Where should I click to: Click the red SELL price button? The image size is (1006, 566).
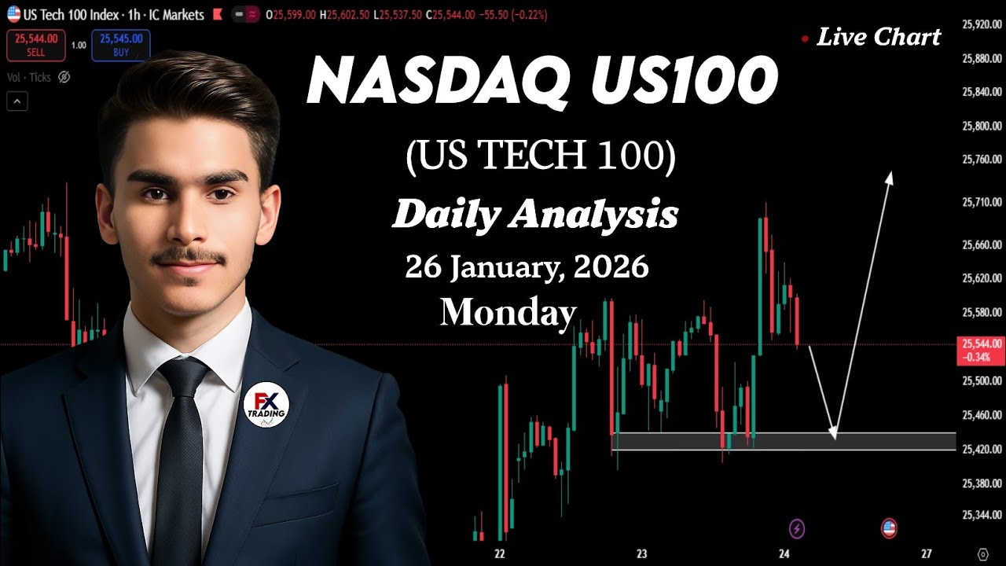35,44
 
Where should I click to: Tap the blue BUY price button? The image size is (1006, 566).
120,44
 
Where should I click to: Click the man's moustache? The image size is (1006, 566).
189,257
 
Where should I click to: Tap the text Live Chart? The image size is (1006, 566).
878,37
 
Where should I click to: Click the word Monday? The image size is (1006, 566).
508,312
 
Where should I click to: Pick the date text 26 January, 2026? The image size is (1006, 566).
527,268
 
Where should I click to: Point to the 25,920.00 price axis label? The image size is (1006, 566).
982,25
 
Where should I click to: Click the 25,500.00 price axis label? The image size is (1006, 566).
982,380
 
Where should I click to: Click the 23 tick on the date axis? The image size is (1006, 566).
641,553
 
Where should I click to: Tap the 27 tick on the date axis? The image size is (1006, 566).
927,553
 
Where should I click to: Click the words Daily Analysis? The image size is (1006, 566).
534,214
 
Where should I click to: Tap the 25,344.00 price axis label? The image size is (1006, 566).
982,515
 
